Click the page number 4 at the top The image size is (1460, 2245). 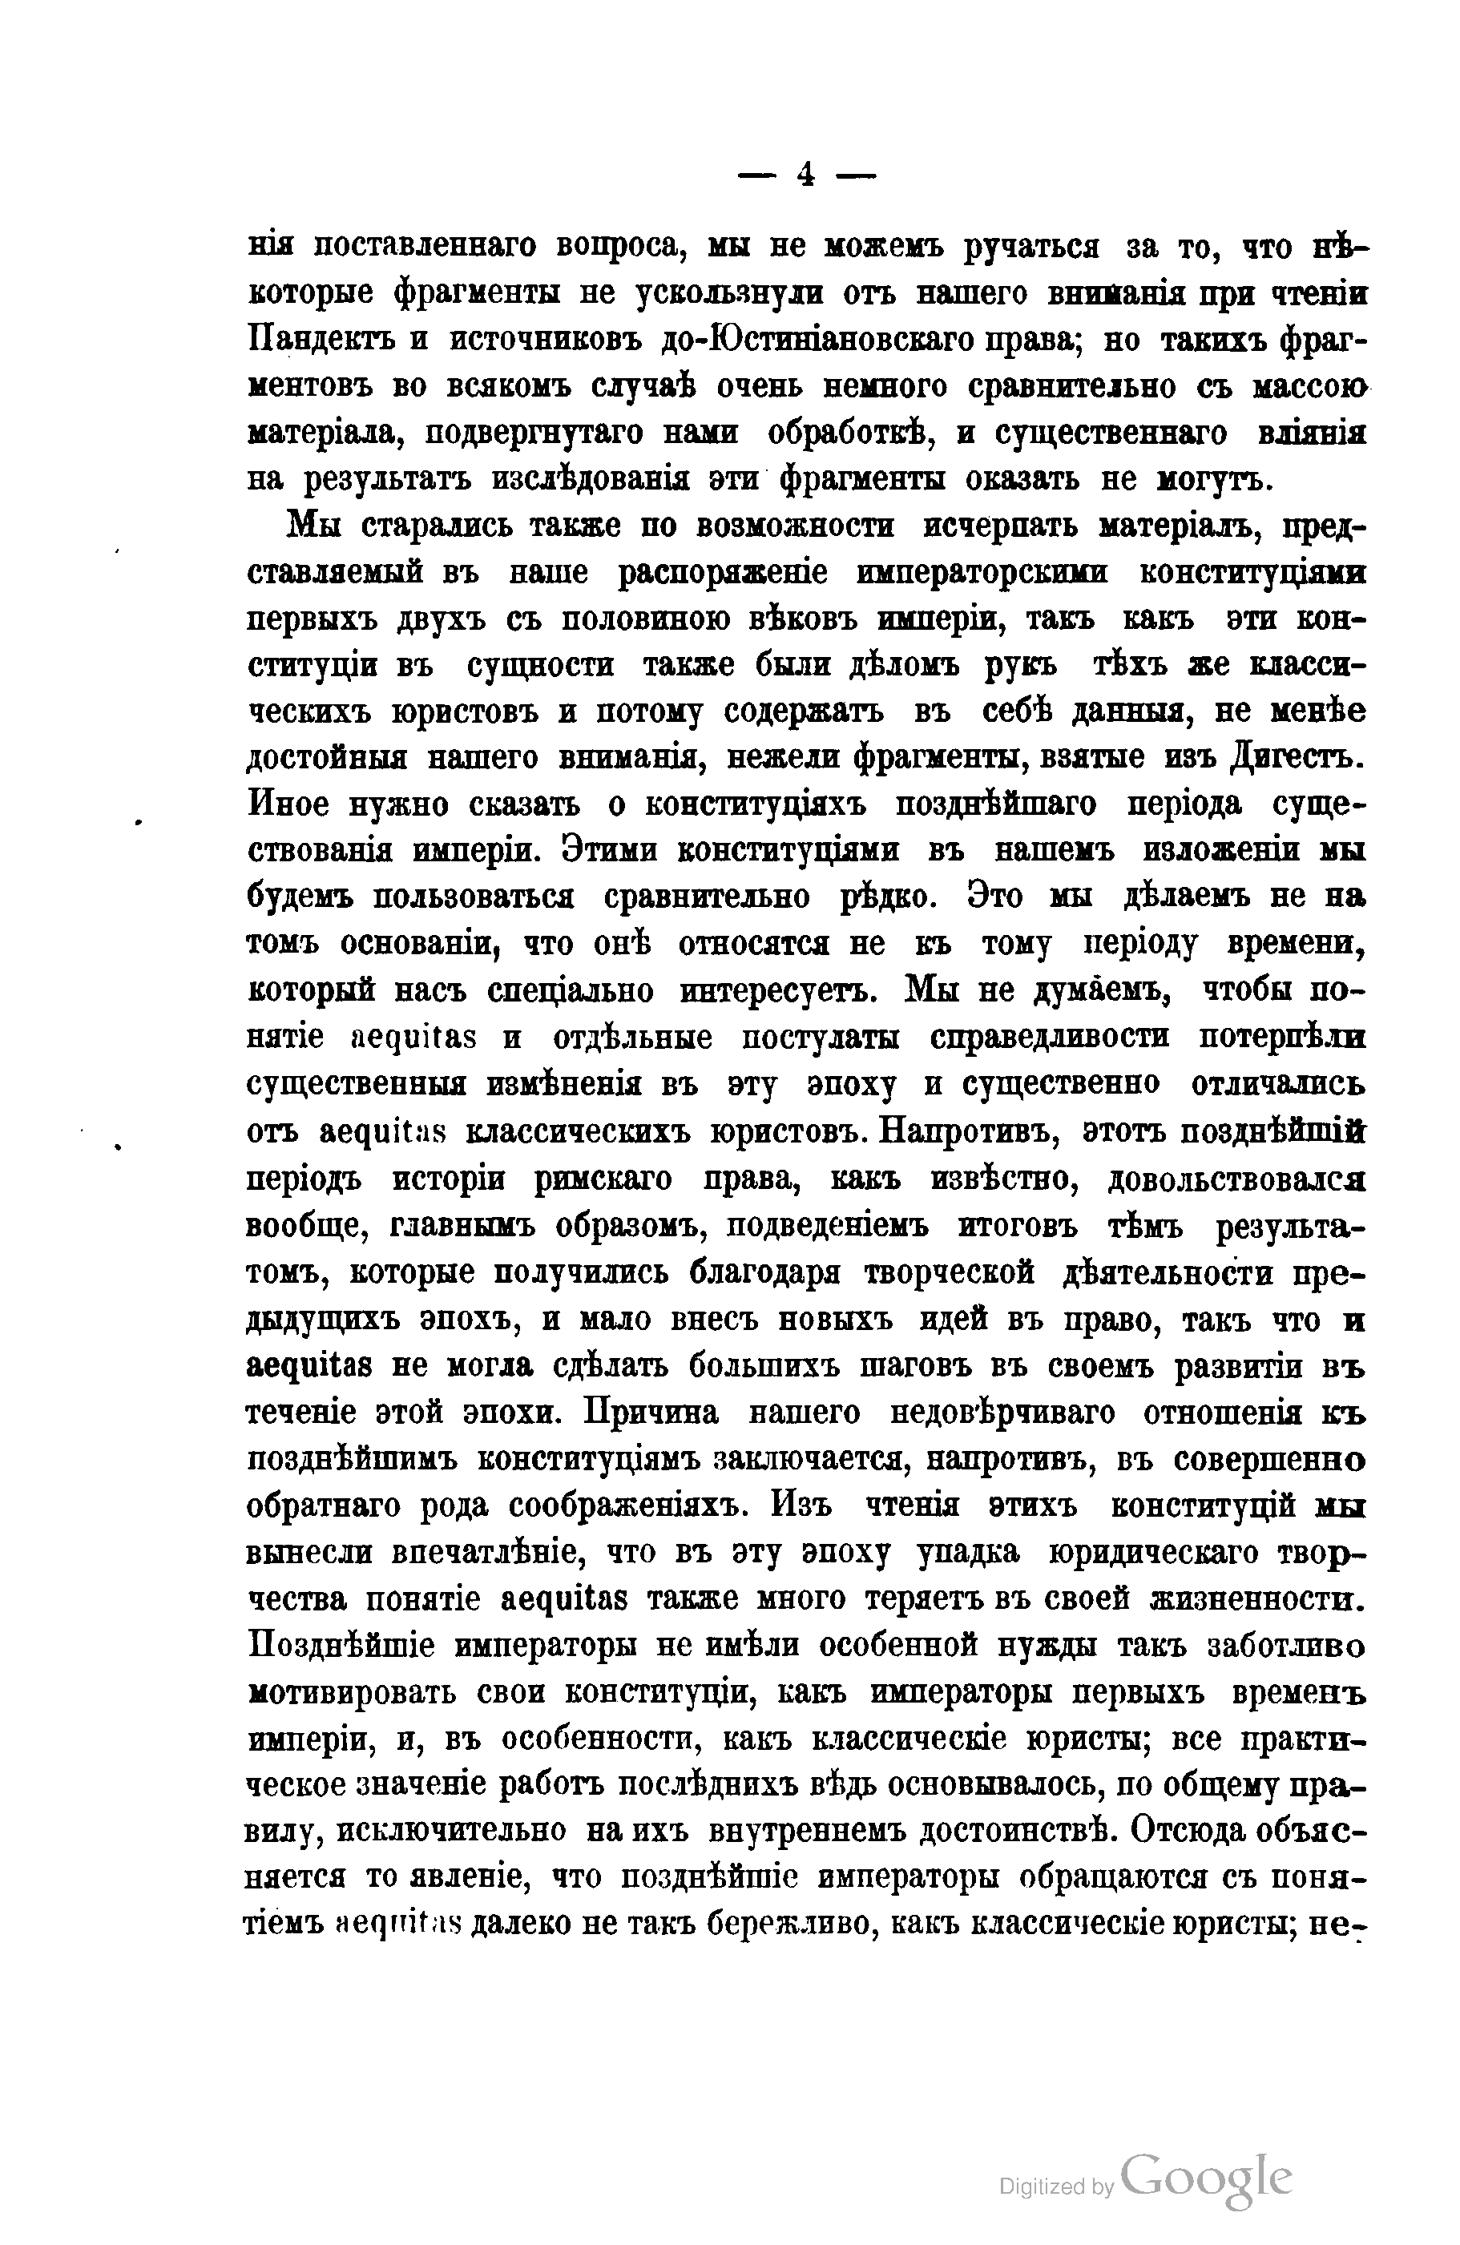805,175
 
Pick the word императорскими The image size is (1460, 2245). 982,573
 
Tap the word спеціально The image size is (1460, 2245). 571,991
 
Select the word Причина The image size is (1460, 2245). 651,1411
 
